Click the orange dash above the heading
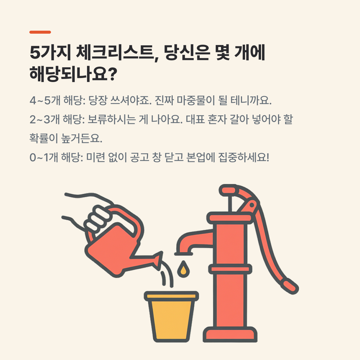pyautogui.click(x=40, y=32)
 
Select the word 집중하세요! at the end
pyautogui.click(x=243, y=157)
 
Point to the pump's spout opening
pyautogui.click(x=183, y=254)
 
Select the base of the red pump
pyautogui.click(x=230, y=334)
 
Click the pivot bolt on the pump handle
pyautogui.click(x=252, y=205)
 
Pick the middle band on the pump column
pyautogui.click(x=230, y=269)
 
